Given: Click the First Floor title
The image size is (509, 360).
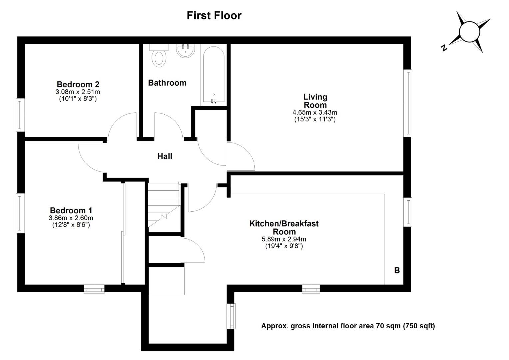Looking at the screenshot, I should point(214,16).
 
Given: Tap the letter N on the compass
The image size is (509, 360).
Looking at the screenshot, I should point(443,48).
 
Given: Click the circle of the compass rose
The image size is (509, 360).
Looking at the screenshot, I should point(469,31).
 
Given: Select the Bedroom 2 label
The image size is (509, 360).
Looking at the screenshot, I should point(78,84).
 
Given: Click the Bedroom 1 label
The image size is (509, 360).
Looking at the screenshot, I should point(71,210).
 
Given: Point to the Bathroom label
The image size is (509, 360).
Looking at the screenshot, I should point(167,83).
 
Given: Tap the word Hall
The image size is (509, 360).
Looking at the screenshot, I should point(165,156).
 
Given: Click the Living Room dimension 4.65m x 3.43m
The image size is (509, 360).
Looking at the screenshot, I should point(315,113).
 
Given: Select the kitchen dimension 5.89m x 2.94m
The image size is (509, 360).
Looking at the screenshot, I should point(284,239).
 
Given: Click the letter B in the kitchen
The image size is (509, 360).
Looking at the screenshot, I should point(397,270).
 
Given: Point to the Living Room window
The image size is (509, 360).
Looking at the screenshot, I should point(408,103).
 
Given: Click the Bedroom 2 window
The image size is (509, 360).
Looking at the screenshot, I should point(21,115).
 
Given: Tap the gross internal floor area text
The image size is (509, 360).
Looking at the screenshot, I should point(348,326).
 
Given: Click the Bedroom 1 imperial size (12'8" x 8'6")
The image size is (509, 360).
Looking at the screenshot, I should point(71,225).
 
